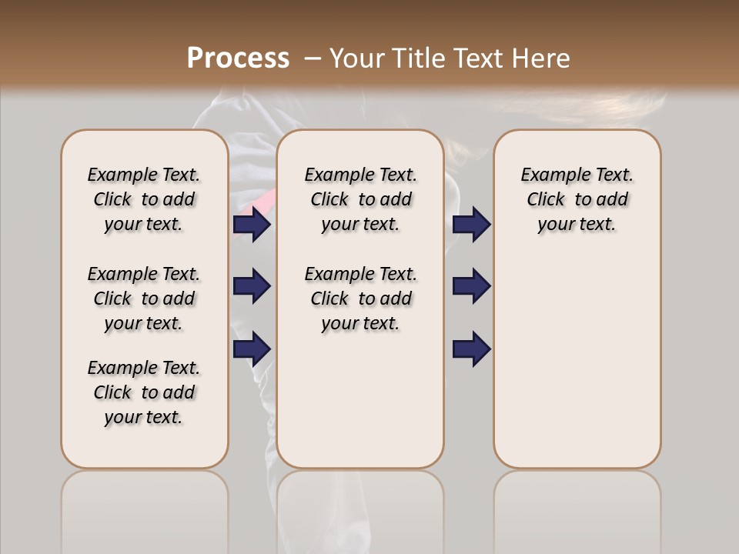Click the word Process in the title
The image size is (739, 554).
(238, 58)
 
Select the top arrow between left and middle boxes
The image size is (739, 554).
(252, 224)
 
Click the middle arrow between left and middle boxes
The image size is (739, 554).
(252, 286)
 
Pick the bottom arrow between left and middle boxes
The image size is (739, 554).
(252, 349)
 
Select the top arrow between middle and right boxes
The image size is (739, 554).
(471, 224)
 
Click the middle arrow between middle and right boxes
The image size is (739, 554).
(471, 286)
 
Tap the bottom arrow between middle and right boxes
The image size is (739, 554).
(471, 349)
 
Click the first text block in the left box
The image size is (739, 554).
(144, 199)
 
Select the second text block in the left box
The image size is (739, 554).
(144, 299)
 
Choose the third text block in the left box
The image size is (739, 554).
(144, 392)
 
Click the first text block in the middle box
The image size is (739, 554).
(360, 199)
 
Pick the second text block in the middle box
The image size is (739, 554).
(360, 299)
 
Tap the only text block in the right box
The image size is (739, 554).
(577, 199)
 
